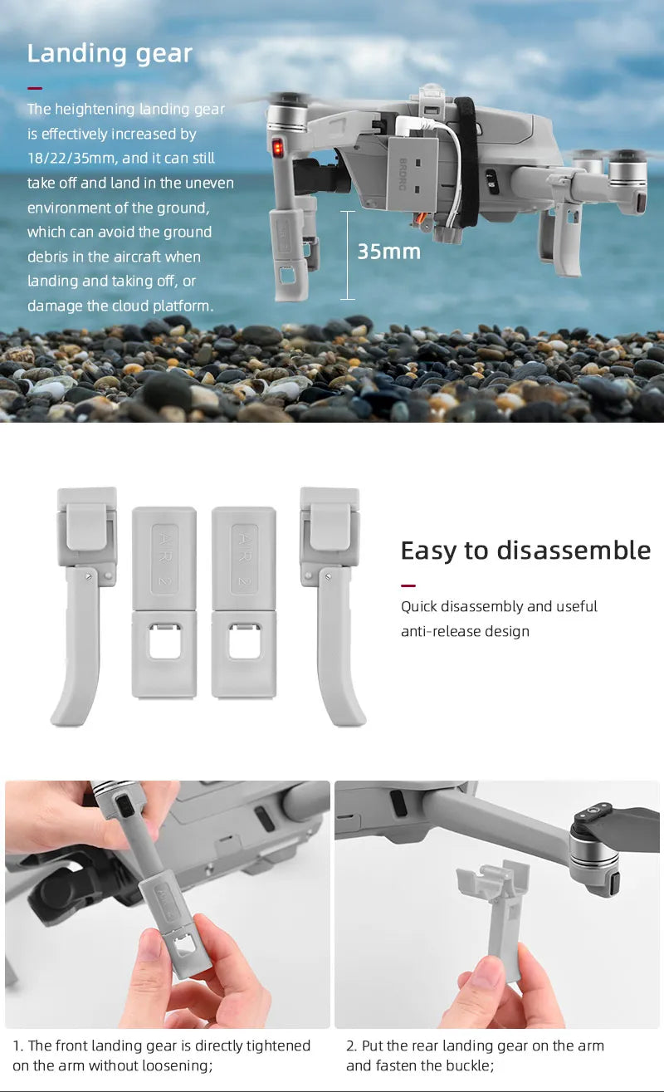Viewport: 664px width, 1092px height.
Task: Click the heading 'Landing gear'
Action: [x=110, y=54]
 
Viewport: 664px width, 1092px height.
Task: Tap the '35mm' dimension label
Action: [x=388, y=251]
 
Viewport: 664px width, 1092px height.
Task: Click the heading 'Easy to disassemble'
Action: [x=525, y=551]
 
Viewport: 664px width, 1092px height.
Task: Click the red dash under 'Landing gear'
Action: [x=34, y=87]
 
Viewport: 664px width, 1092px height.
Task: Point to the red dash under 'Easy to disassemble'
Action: [x=408, y=585]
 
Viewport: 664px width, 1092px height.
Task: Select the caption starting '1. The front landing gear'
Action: [x=161, y=1055]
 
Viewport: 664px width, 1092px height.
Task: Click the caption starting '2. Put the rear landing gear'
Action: [x=475, y=1055]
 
